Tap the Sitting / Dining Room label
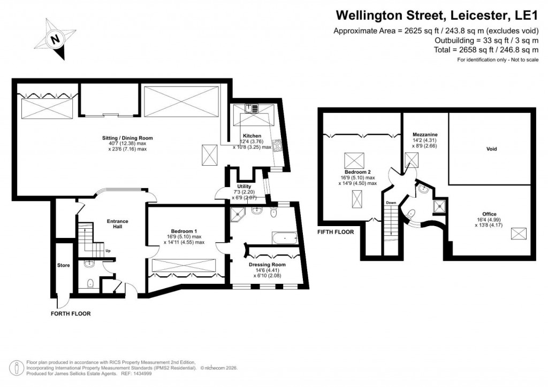(124, 138)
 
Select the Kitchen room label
(251, 135)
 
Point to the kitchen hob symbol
(278, 145)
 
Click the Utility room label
(244, 186)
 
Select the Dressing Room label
(267, 264)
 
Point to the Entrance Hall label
(117, 223)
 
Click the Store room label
(63, 265)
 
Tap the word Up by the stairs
(108, 250)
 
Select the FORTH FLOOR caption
(71, 314)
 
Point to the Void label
(491, 149)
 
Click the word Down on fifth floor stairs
(391, 203)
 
